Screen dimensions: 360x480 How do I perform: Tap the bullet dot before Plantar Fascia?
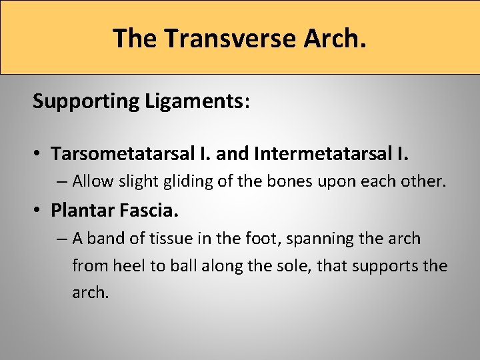tap(40, 211)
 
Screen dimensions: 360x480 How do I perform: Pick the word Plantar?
tap(79, 211)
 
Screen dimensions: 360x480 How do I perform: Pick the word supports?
tap(387, 267)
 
